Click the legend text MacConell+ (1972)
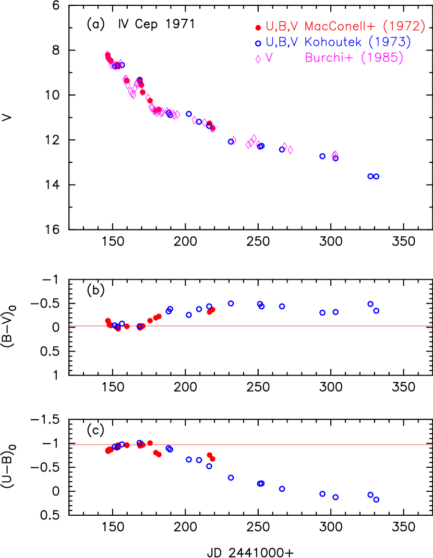(365, 27)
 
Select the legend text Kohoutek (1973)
(358, 42)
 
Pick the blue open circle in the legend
(258, 43)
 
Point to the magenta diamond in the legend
(258, 59)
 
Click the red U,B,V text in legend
(282, 27)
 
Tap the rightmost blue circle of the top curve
(376, 176)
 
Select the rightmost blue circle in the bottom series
(376, 499)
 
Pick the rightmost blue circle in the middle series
(376, 310)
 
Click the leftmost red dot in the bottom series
(108, 451)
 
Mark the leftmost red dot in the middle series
(107, 321)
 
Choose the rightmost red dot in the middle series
(213, 309)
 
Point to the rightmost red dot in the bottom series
(212, 459)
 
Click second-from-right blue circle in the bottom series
(370, 494)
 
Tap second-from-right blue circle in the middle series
(370, 304)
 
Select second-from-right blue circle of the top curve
(370, 176)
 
